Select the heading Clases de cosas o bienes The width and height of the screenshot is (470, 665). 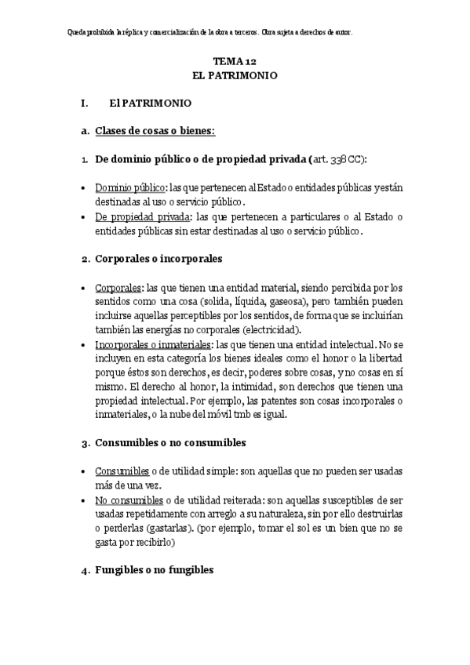155,130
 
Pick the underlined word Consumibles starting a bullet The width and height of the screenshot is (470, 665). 122,471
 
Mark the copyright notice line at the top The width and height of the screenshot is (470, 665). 210,33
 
